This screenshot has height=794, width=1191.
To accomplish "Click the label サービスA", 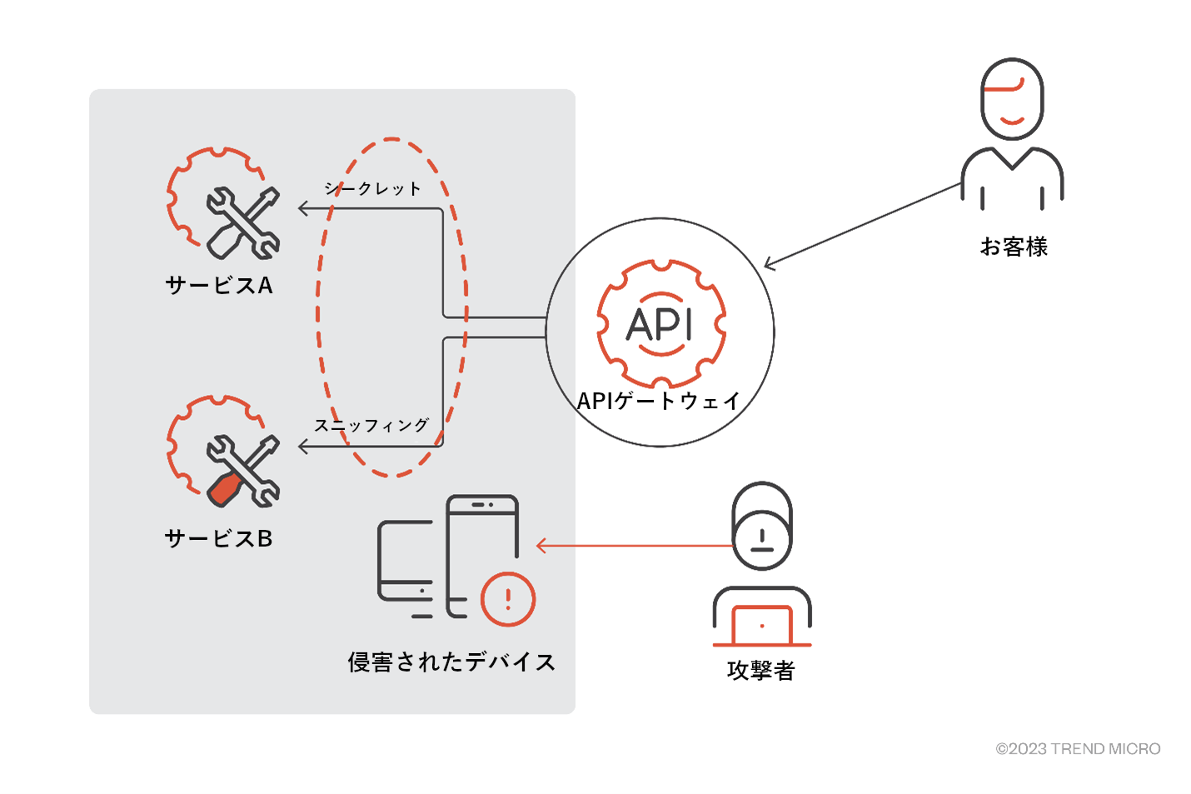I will [219, 286].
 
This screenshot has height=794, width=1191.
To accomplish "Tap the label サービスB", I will [219, 539].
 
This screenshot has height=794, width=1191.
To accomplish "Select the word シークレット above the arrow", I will [373, 189].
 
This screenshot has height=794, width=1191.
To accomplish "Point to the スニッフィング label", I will [371, 426].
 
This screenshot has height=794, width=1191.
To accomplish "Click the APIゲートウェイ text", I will [659, 402].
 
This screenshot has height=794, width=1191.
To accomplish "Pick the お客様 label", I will [1014, 247].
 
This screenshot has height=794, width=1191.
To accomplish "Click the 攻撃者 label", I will [761, 671].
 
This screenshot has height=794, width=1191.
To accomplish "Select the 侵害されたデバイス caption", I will [451, 662].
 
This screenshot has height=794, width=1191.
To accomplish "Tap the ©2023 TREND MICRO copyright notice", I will [1078, 749].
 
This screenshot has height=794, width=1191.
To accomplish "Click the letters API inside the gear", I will [660, 325].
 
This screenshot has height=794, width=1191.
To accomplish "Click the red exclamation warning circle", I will [508, 599].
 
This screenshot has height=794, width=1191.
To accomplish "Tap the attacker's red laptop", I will [762, 625].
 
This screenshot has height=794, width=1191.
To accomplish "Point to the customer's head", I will [1012, 98].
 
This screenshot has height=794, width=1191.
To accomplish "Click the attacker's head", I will [762, 526].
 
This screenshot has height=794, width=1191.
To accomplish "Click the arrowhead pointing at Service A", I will [303, 208].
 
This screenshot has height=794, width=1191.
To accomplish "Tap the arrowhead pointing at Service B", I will [303, 447].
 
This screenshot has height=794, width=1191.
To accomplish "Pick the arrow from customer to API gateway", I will [862, 225].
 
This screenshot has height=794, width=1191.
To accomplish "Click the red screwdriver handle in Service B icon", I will [224, 491].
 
